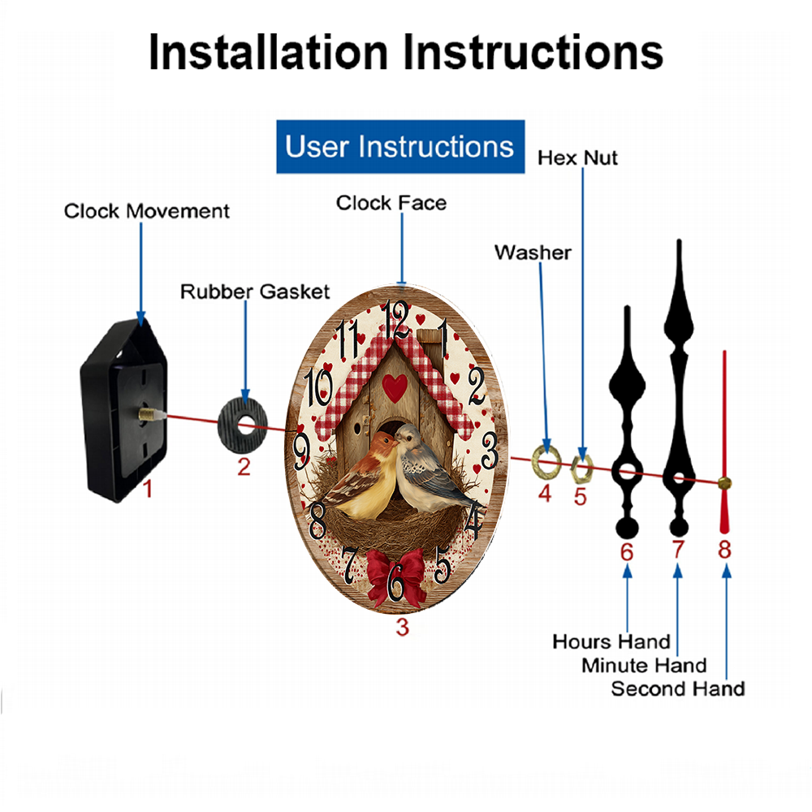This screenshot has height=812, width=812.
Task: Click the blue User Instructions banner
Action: [x=400, y=146]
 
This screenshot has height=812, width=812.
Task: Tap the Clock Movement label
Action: [x=146, y=211]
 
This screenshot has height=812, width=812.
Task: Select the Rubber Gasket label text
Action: [x=255, y=292]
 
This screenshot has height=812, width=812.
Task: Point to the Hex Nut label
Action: [x=577, y=158]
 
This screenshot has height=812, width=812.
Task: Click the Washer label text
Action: [x=533, y=253]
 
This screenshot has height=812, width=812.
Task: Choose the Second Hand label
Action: [x=678, y=689]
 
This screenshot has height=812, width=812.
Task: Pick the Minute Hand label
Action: [x=644, y=666]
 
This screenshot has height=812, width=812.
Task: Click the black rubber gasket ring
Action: [x=242, y=426]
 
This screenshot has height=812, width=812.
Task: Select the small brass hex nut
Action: [x=581, y=469]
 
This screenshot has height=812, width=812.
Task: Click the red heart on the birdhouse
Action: [x=395, y=388]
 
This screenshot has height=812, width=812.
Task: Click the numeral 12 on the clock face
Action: [x=395, y=319]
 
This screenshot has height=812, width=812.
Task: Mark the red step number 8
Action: [x=724, y=550]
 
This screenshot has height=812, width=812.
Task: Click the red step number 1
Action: [x=148, y=489]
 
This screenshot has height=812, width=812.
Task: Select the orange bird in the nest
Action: [x=361, y=477]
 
